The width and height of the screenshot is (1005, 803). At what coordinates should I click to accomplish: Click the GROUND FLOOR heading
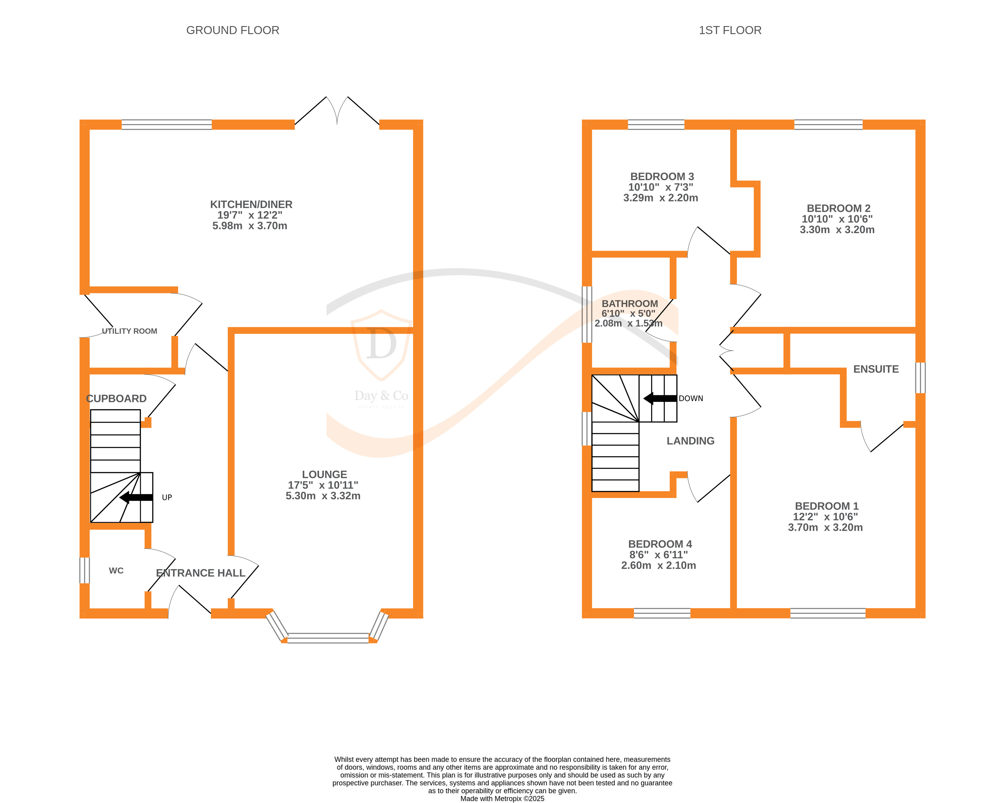[233, 30]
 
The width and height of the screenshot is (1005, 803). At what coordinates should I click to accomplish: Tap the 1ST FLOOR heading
[730, 30]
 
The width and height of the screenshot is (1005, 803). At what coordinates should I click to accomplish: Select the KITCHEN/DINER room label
[251, 204]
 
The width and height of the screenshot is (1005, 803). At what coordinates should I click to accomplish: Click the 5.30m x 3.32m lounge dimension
[323, 496]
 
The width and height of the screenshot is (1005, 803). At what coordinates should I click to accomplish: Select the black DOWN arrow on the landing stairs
[660, 398]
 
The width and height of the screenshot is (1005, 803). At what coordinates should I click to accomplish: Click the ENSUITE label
[876, 369]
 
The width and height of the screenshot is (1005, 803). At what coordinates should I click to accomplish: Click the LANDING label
[690, 441]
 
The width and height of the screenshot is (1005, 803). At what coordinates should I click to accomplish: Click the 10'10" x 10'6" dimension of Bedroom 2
[837, 219]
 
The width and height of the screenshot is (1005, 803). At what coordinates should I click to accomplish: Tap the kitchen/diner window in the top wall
[167, 124]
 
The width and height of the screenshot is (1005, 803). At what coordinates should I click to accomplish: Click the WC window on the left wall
[84, 570]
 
